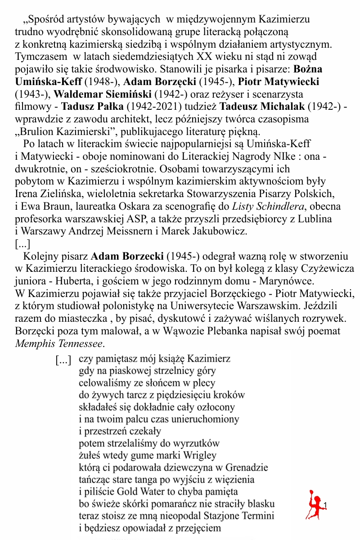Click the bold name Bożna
[308, 70]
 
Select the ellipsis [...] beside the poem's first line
[63, 360]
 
